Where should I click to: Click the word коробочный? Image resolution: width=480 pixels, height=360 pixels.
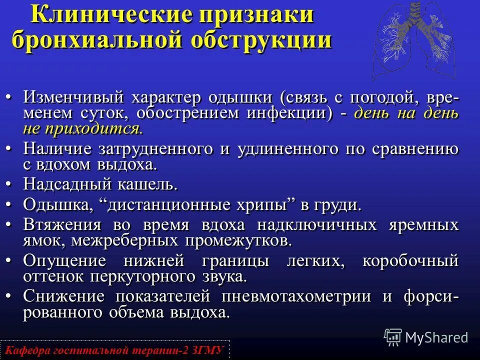[x=410, y=261]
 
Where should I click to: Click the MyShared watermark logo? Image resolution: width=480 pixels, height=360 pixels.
[x=426, y=337]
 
